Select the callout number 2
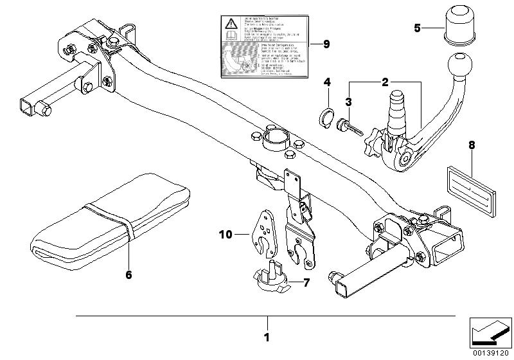tap(385, 82)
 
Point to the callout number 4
tap(326, 82)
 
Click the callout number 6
tap(128, 274)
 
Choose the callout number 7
tap(306, 282)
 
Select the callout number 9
tap(326, 44)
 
